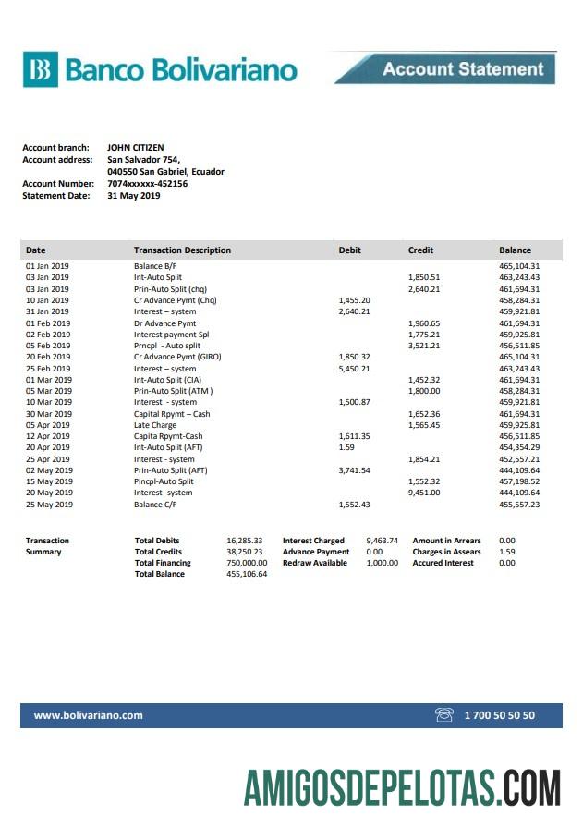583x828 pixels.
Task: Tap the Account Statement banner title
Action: tap(463, 69)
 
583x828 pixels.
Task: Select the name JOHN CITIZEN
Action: tap(135, 147)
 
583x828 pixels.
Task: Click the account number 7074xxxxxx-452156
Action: tap(147, 183)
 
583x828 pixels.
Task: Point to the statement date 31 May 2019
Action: tap(133, 195)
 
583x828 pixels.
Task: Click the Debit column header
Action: tap(350, 250)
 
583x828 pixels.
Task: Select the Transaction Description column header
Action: tap(182, 250)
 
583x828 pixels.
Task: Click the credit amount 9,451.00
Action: tap(424, 493)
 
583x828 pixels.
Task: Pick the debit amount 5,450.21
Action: tap(354, 369)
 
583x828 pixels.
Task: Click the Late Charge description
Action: tap(154, 425)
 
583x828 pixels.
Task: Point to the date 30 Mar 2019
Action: tap(48, 414)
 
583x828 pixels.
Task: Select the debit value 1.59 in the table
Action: tap(347, 447)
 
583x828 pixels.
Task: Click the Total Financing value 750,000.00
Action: tap(247, 563)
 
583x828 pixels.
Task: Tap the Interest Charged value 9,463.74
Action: tap(382, 541)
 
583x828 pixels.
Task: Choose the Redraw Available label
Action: tap(315, 563)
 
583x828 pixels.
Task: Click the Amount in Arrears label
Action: tap(446, 541)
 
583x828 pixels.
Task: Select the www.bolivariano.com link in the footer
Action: tap(89, 715)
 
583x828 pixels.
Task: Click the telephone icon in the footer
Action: tap(444, 715)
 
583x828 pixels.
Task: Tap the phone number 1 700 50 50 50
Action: tap(500, 715)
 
